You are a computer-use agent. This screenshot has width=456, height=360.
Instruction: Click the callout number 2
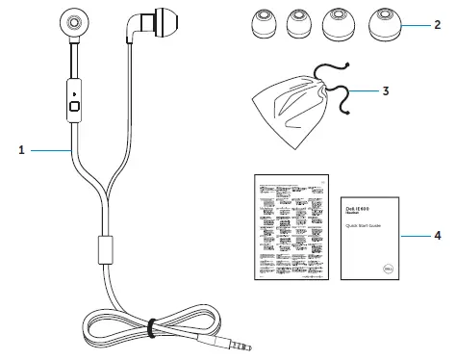[x=436, y=28]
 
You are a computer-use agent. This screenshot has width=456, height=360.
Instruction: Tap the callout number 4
[x=436, y=234]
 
